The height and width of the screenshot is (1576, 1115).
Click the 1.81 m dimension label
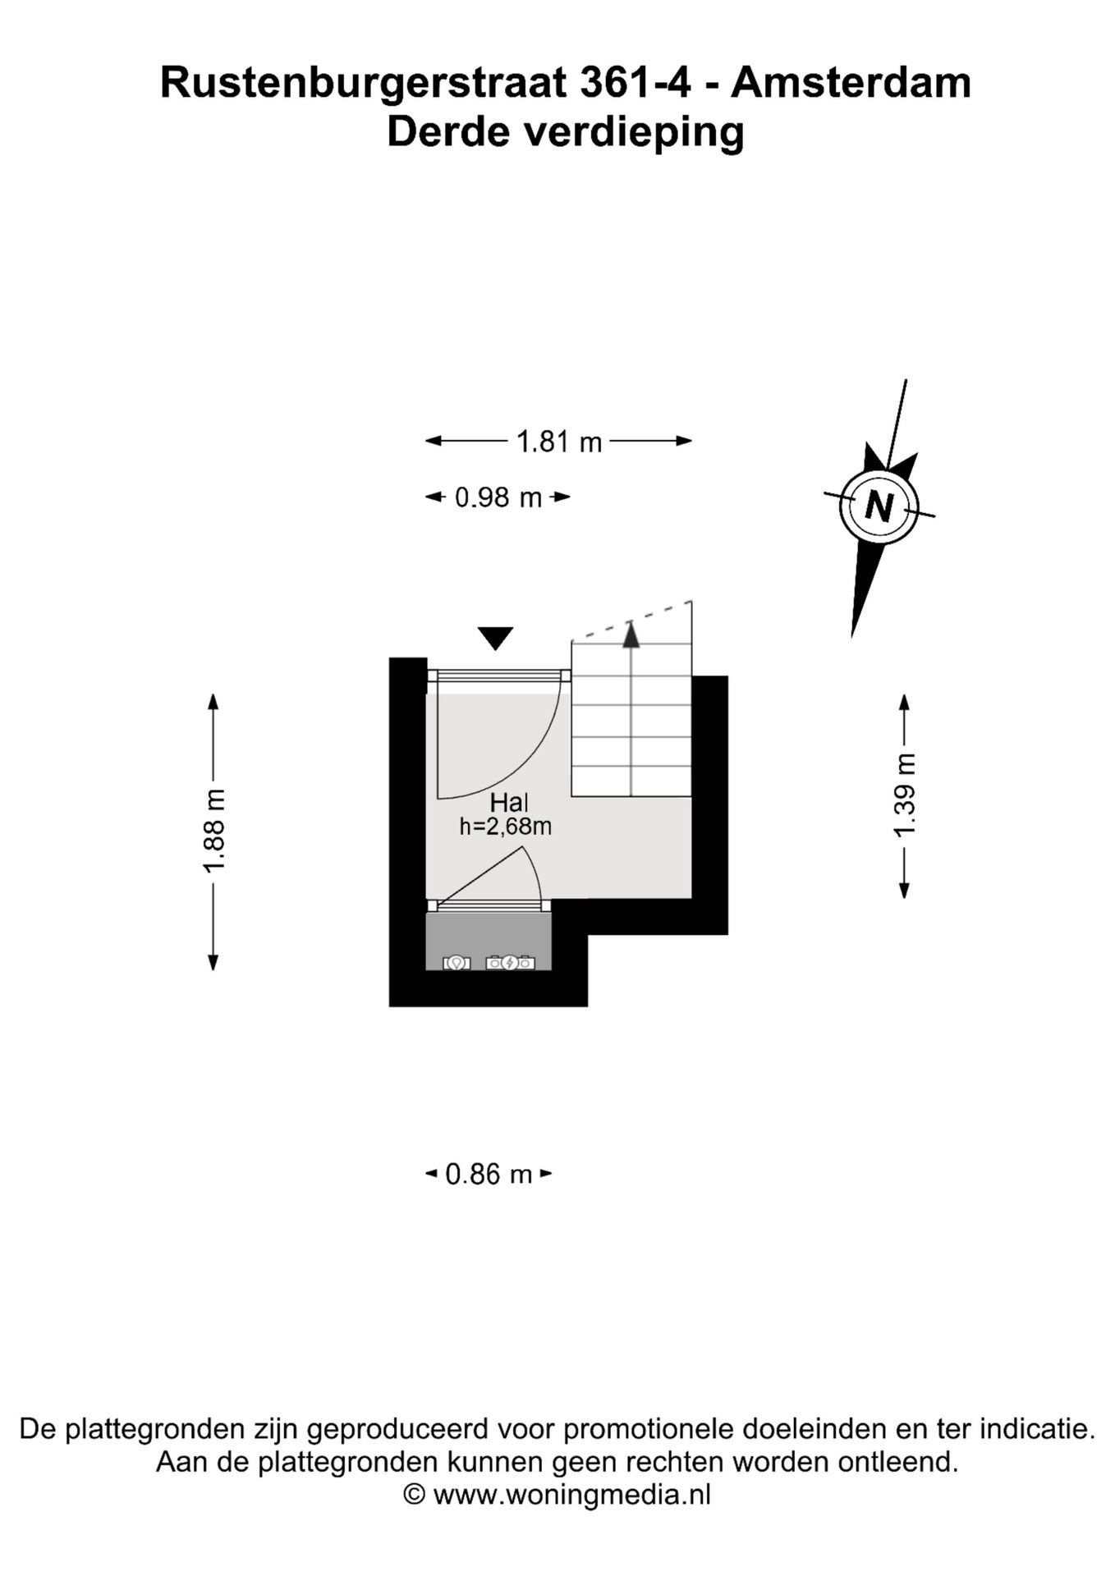559,442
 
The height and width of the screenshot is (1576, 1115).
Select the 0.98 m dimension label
498,497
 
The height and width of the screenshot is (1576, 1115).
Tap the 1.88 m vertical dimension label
214,832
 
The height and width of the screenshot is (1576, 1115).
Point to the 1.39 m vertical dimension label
904,795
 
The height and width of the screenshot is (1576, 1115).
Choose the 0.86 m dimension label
489,1175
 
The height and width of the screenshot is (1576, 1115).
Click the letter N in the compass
879,506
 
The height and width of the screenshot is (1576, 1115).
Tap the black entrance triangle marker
495,638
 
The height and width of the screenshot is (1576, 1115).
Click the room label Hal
509,803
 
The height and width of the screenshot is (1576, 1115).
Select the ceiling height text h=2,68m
505,827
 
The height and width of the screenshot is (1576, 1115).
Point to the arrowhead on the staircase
631,635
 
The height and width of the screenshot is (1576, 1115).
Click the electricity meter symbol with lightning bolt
510,962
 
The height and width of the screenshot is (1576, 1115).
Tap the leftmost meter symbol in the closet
457,963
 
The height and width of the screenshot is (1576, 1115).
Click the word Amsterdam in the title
851,83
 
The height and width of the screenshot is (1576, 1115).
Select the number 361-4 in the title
635,83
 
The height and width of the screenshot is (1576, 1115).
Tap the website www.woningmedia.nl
572,1495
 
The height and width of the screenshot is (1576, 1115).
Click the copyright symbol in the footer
415,1495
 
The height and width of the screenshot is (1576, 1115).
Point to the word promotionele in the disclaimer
650,1429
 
